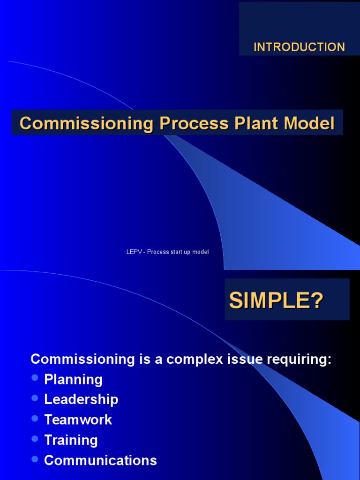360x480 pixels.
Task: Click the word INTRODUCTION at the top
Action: click(x=299, y=47)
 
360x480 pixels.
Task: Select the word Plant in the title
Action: click(x=252, y=123)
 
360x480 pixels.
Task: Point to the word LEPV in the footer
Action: click(x=134, y=252)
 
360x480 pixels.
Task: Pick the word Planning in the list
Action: click(x=73, y=379)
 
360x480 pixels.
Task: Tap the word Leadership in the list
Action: click(x=81, y=399)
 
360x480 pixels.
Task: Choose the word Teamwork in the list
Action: click(x=78, y=420)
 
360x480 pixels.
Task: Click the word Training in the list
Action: click(x=71, y=440)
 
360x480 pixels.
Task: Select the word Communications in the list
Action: click(x=100, y=460)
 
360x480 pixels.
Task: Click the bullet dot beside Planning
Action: click(x=34, y=377)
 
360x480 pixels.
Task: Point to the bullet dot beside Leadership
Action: click(x=34, y=397)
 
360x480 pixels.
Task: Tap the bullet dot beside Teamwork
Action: click(x=34, y=418)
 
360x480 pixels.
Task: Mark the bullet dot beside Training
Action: click(x=34, y=438)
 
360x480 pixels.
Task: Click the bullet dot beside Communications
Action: click(x=34, y=458)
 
